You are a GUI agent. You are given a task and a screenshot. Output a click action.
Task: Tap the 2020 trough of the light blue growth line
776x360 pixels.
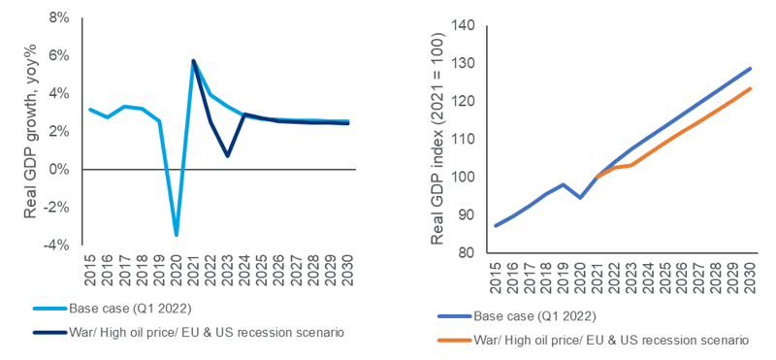[x=177, y=235]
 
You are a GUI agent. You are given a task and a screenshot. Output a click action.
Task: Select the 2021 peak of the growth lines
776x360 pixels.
[x=193, y=61]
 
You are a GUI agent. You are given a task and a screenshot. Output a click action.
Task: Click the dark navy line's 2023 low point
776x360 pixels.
[x=227, y=156]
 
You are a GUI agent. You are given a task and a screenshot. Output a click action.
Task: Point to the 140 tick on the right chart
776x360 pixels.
[x=467, y=25]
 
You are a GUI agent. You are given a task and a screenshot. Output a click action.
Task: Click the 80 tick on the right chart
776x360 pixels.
[x=469, y=253]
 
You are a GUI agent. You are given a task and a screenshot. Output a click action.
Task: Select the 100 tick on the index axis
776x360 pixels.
[x=467, y=178]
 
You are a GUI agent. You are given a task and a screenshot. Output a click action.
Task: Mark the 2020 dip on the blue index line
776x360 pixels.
[x=580, y=198]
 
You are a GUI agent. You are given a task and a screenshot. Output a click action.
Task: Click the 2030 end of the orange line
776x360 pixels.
[x=750, y=88]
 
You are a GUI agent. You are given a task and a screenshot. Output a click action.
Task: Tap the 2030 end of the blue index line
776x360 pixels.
[x=750, y=68]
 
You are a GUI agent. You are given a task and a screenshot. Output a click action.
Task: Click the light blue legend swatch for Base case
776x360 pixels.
[x=49, y=309]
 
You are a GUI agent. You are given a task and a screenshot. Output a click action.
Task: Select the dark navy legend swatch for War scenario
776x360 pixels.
[x=49, y=332]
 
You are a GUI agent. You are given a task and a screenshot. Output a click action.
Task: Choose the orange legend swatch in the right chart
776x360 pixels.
[x=454, y=341]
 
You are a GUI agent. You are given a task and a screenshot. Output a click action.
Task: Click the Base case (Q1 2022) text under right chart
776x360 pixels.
[x=534, y=316]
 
